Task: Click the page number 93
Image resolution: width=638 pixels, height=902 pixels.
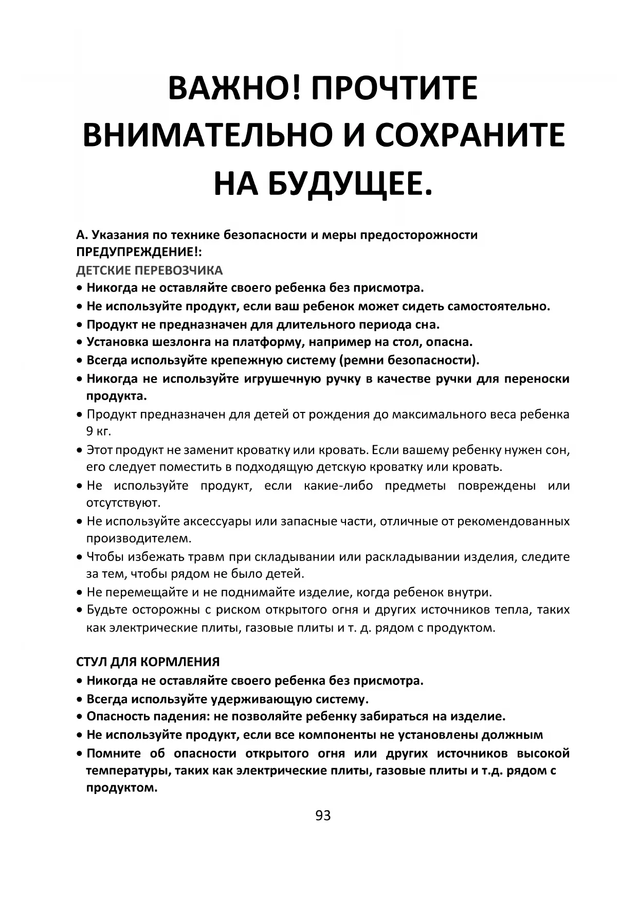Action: (x=323, y=816)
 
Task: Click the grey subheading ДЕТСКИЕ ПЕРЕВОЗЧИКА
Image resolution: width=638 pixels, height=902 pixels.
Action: (x=149, y=270)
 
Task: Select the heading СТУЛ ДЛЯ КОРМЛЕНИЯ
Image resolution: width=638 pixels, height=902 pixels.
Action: (x=148, y=662)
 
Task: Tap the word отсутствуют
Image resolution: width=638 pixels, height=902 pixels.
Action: (x=124, y=502)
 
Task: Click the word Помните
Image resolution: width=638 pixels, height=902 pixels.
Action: (x=114, y=753)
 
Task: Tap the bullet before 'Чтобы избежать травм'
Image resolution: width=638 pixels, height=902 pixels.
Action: (x=79, y=557)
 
